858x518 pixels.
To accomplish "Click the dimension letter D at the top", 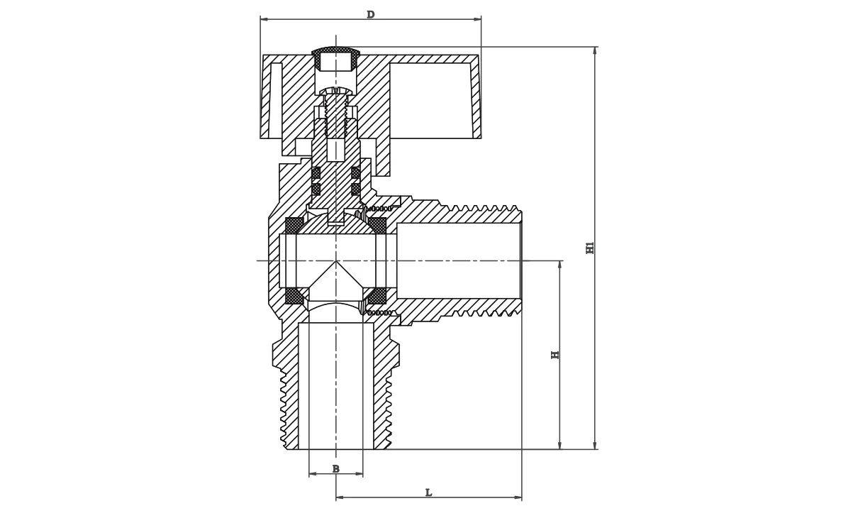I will [370, 15].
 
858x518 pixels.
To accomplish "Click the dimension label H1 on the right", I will [590, 248].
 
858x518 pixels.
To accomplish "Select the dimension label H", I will [555, 354].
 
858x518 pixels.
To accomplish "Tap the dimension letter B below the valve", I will [335, 469].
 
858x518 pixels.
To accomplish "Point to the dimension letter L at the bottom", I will [428, 492].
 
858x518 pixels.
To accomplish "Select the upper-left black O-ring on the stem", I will [316, 172].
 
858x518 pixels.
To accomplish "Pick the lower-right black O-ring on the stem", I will [355, 189].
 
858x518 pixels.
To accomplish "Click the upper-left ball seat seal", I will [294, 226].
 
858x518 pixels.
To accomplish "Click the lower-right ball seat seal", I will [377, 296].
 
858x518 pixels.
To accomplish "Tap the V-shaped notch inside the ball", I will [335, 280].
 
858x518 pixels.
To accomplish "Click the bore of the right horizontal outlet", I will [458, 260].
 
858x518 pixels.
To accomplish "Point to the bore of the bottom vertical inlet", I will [335, 387].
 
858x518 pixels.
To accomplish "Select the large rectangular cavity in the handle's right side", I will [430, 100].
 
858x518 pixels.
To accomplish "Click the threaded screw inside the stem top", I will [335, 114].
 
